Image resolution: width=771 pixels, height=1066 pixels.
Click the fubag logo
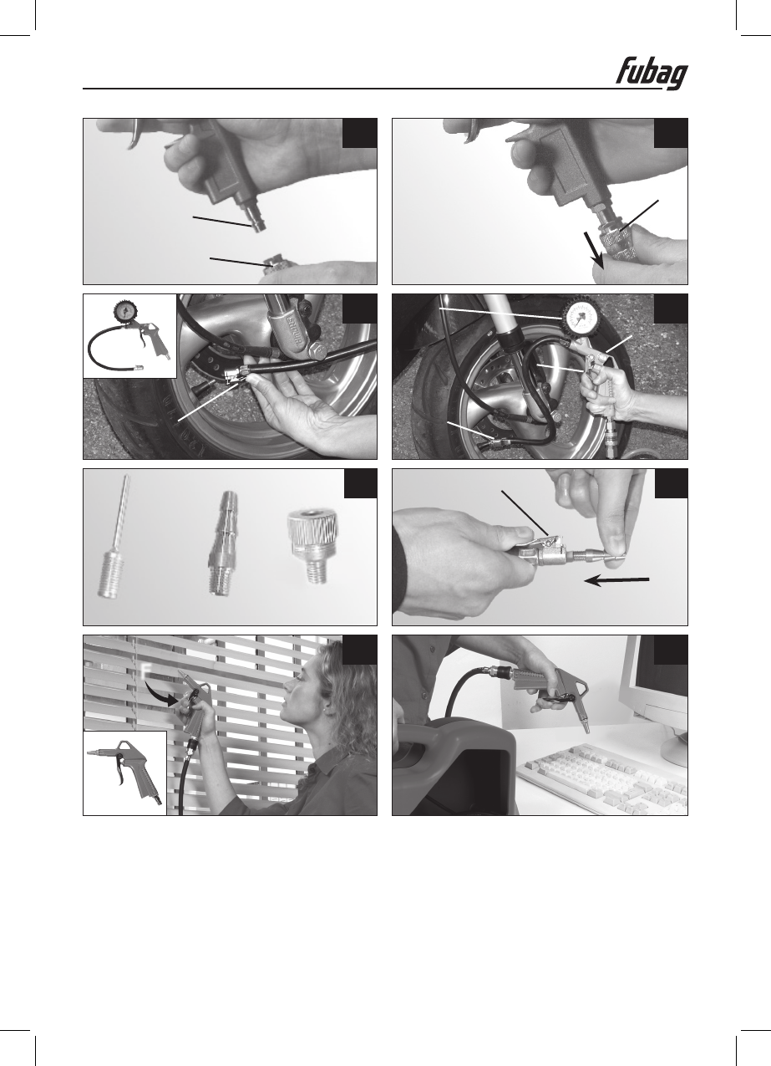tap(652, 76)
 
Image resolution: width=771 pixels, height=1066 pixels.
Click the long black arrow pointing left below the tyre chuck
tap(616, 580)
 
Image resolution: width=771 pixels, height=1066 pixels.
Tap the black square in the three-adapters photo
tap(361, 483)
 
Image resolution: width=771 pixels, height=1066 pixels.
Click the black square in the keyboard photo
tap(671, 649)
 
